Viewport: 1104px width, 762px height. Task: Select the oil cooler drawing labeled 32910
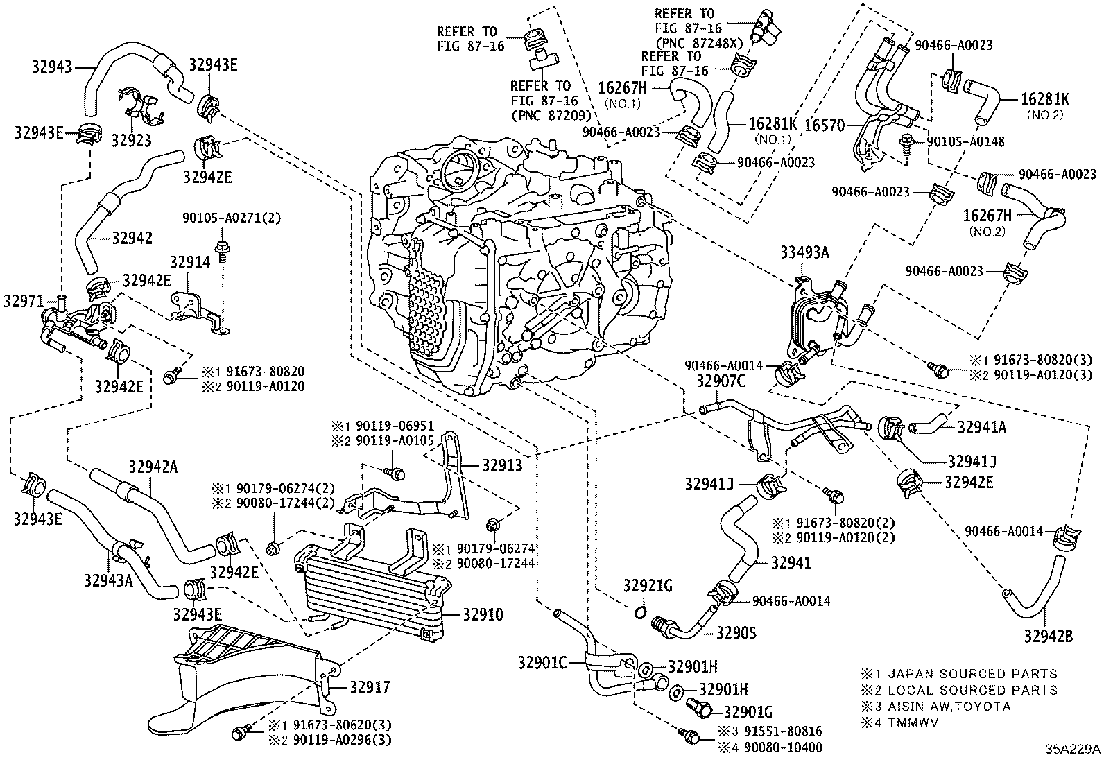tap(371, 586)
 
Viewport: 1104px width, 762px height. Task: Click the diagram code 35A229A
tap(1073, 750)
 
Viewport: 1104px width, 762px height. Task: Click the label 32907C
tap(721, 380)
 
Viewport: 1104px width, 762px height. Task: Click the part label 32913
tap(503, 466)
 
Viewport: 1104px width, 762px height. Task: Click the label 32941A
tap(981, 428)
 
